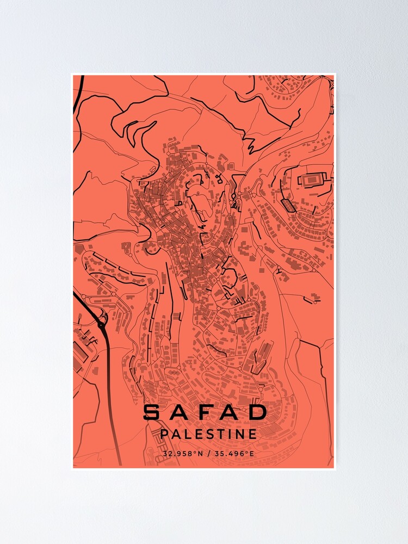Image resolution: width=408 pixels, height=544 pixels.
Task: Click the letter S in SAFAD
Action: tap(153, 412)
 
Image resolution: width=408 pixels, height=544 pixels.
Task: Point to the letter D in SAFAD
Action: tap(258, 412)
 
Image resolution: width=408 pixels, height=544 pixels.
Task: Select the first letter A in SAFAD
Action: tap(180, 412)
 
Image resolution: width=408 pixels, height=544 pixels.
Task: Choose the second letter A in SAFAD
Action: tap(232, 412)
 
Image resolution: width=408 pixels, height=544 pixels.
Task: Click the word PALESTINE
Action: tap(208, 434)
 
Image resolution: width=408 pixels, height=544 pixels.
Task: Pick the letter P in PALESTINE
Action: tap(165, 434)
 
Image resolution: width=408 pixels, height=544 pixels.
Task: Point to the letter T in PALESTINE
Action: tap(222, 434)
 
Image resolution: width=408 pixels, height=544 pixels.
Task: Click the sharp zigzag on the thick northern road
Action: tap(250, 144)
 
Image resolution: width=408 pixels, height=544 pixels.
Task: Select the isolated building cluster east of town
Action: tap(312, 299)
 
